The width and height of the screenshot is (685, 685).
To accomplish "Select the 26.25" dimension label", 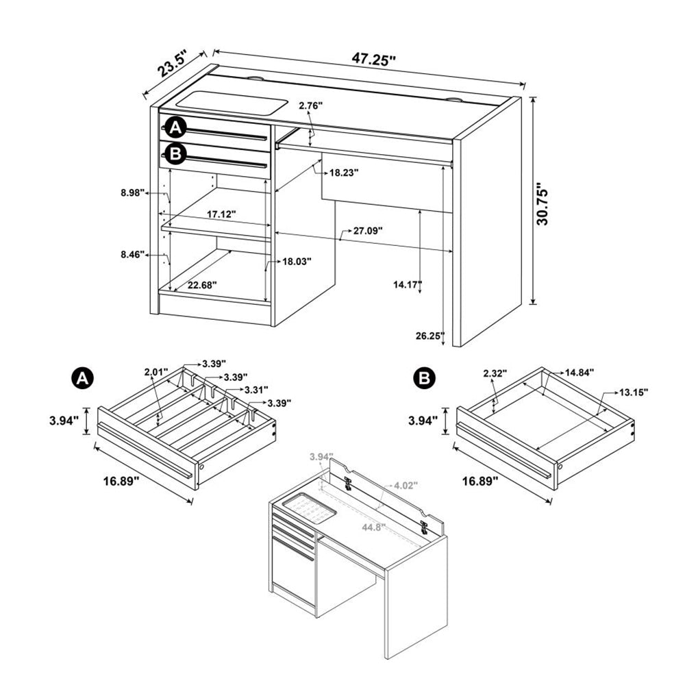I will [429, 336].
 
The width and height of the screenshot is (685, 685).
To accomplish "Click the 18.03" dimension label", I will [297, 261].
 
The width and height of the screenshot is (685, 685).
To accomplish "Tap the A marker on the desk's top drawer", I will [176, 127].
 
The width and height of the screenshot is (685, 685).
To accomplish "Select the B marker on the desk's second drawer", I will [176, 155].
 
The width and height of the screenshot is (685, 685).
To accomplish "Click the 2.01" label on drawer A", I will [157, 372].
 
